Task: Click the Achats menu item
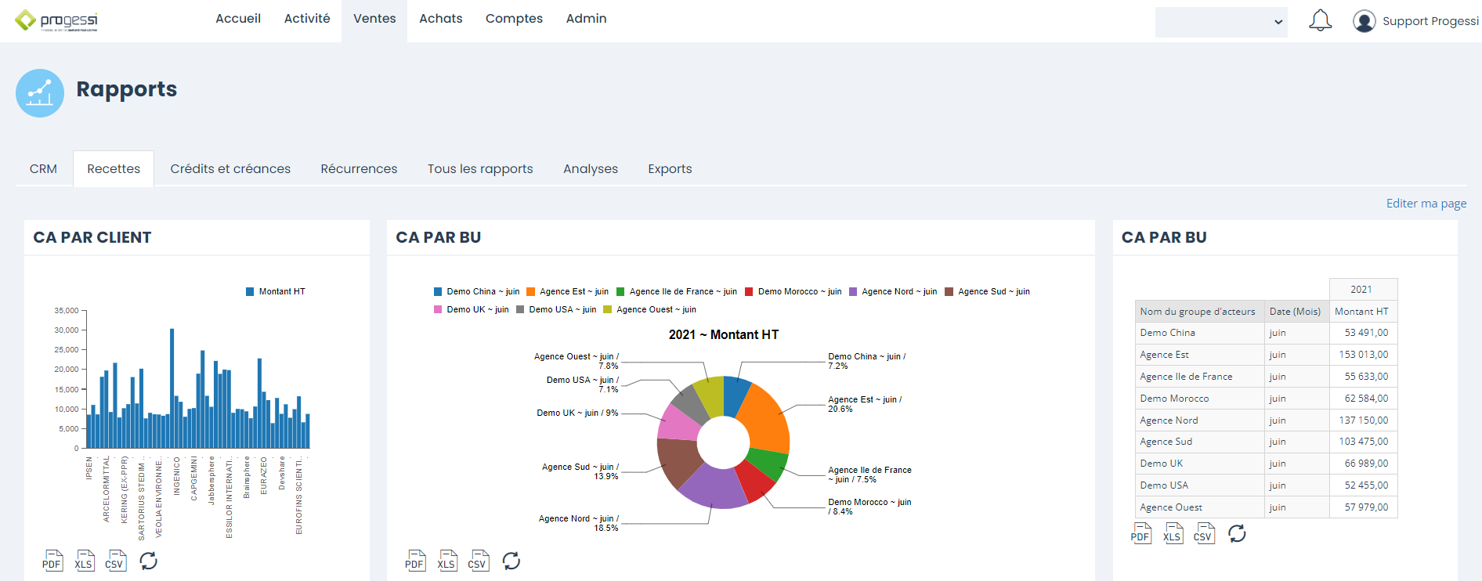pos(440,19)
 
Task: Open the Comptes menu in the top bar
pos(514,19)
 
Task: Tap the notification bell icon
pos(1320,20)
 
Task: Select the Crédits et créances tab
pos(230,169)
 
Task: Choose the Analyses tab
pos(591,169)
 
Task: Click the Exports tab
pos(670,169)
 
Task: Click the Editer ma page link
pos(1426,204)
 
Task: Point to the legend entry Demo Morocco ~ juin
pos(793,292)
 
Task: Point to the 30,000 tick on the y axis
pos(67,330)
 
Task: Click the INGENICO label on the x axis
pos(177,475)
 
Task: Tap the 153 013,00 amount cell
pos(1363,355)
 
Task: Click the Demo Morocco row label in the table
pos(1174,399)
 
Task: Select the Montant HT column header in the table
pos(1361,312)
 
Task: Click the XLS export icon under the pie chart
pos(446,561)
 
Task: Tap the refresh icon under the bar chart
pos(148,561)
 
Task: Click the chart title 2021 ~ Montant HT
pos(723,335)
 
